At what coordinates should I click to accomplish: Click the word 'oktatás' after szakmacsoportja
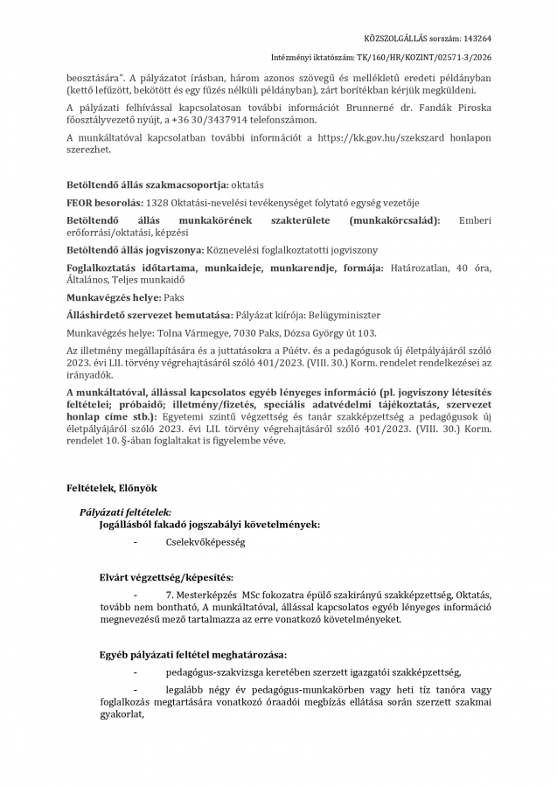click(x=246, y=185)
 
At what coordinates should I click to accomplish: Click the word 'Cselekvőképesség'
click(x=205, y=542)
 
